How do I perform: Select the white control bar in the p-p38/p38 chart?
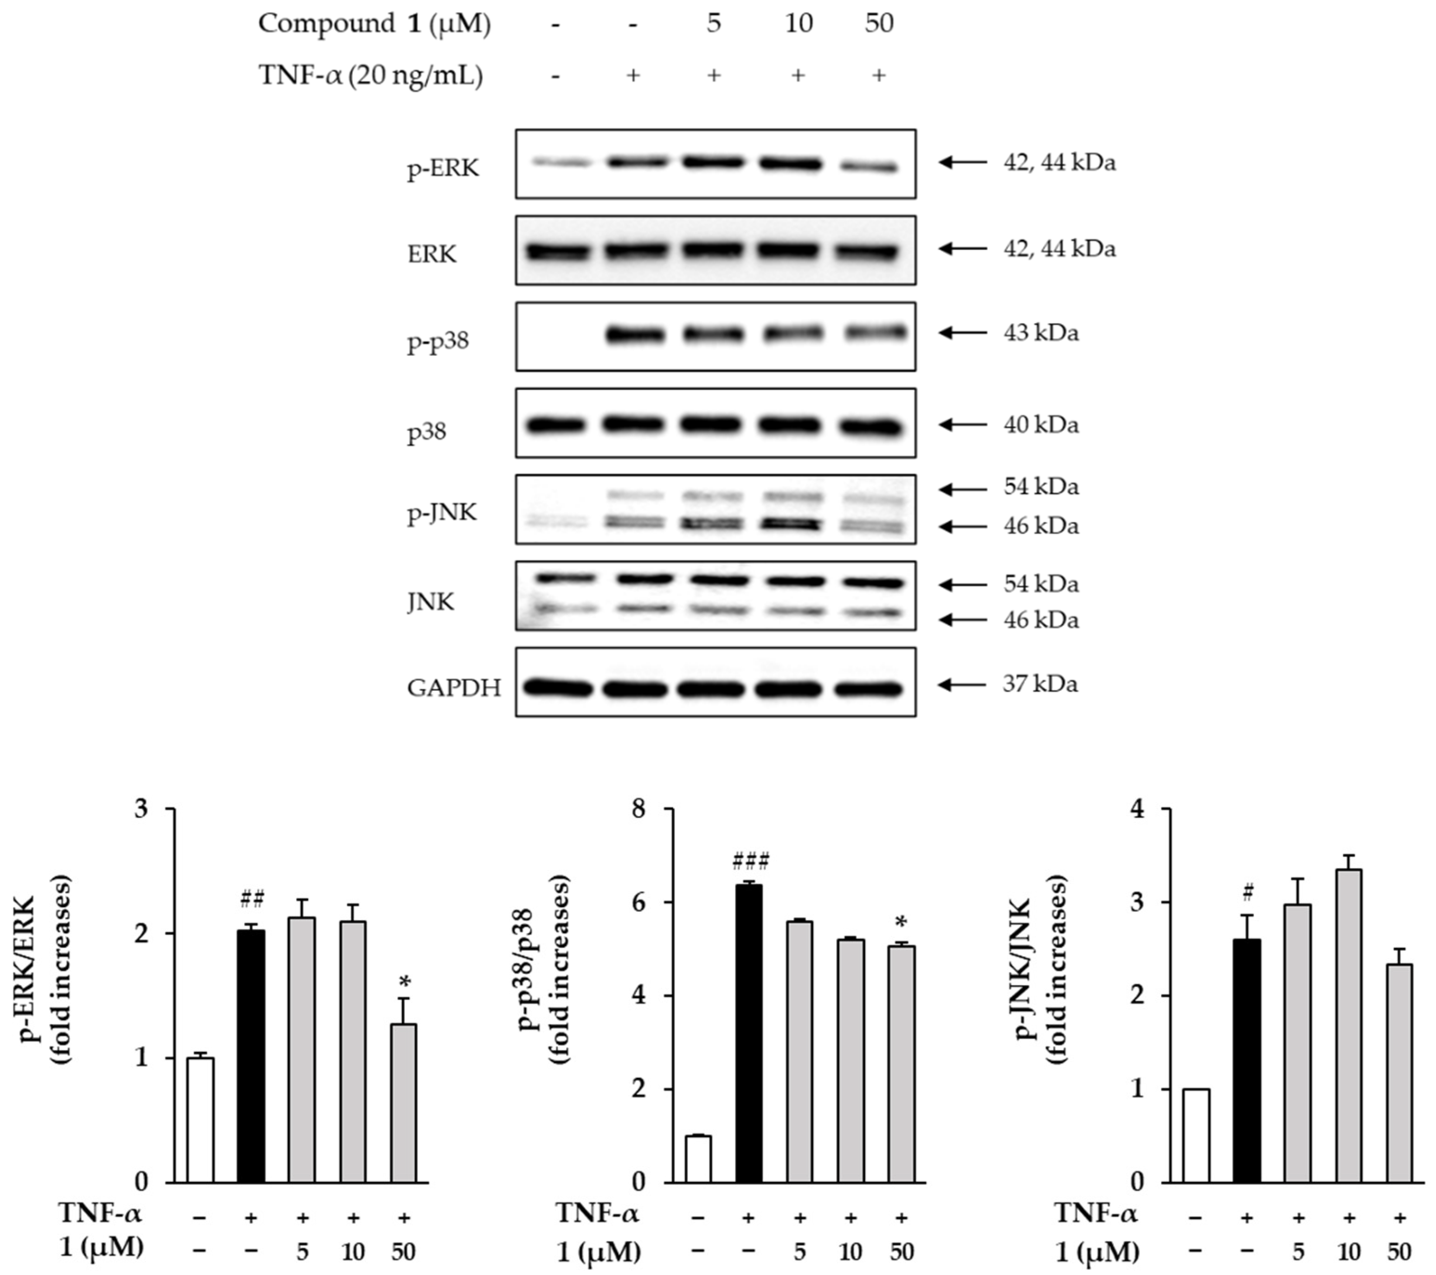(698, 1158)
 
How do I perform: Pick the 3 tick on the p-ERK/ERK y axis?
(142, 809)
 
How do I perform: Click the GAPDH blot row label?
(454, 688)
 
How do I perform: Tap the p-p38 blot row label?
(438, 342)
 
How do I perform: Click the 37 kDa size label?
(1040, 683)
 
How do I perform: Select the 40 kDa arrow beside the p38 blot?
(962, 424)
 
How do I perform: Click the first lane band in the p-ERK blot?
(560, 162)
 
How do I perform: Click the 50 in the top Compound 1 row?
(878, 23)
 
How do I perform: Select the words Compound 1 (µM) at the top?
(374, 23)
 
